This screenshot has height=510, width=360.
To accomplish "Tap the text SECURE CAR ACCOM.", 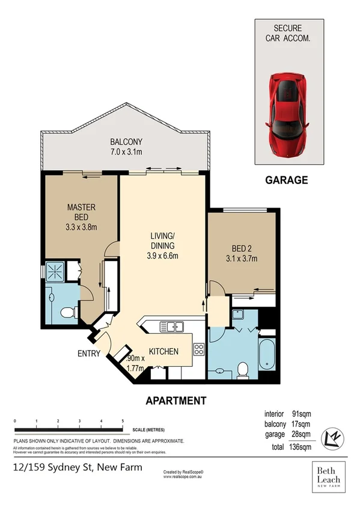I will [x=288, y=33].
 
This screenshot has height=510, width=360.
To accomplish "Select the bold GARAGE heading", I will [x=287, y=179].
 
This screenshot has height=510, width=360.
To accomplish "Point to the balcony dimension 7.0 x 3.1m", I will [x=126, y=152].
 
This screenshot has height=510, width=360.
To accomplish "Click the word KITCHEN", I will [x=163, y=351].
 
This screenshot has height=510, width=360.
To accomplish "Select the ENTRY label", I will [x=88, y=354].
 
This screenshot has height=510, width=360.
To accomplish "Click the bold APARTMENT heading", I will [x=177, y=400].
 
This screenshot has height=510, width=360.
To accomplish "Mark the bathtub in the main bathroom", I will [x=267, y=355].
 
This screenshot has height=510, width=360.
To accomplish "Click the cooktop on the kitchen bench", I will [x=199, y=349].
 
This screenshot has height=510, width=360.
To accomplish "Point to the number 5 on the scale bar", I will [x=123, y=420].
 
